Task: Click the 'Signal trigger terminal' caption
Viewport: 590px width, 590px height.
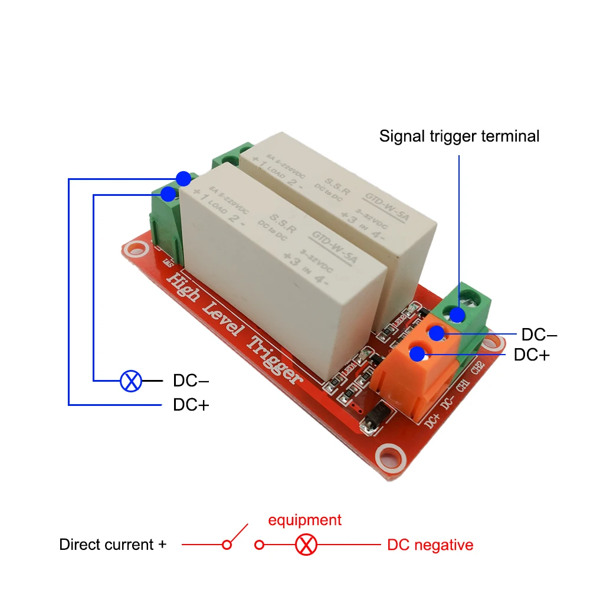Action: (x=459, y=136)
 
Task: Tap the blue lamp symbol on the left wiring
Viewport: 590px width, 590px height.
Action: (x=131, y=381)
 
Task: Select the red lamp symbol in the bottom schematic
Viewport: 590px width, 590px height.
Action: (x=306, y=544)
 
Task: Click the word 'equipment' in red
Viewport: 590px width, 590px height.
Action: (x=304, y=520)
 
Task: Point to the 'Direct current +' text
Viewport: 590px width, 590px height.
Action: (x=113, y=545)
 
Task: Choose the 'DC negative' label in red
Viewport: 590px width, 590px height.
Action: (x=430, y=545)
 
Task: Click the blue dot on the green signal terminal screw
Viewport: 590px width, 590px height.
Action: (x=458, y=314)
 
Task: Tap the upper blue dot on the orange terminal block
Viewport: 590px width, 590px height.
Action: (x=437, y=333)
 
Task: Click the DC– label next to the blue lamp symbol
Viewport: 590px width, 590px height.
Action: (x=191, y=381)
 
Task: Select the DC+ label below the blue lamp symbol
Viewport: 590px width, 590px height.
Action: (x=191, y=405)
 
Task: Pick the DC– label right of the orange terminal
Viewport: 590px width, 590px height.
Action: (x=539, y=335)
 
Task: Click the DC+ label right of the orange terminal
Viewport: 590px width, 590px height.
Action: (x=532, y=355)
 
